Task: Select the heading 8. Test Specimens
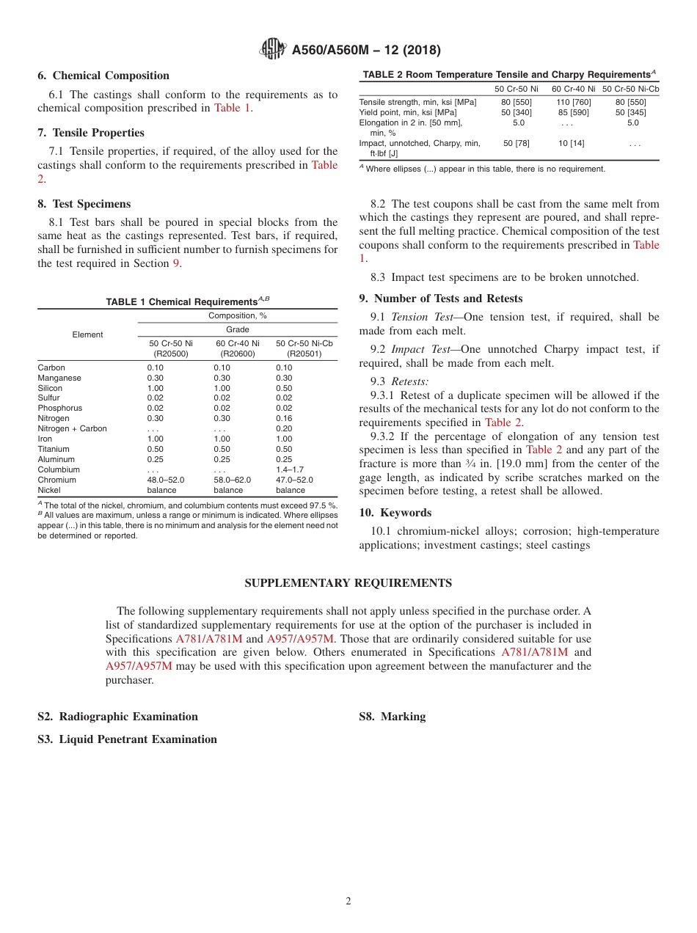pyautogui.click(x=84, y=204)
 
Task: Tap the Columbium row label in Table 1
pyautogui.click(x=59, y=469)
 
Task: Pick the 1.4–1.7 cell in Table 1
pyautogui.click(x=290, y=469)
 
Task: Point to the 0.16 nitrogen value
pyautogui.click(x=284, y=418)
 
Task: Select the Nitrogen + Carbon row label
pyautogui.click(x=72, y=428)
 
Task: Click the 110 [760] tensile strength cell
pyautogui.click(x=573, y=102)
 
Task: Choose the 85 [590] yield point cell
pyautogui.click(x=573, y=112)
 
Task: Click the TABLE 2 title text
pyautogui.click(x=508, y=74)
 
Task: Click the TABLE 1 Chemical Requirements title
pyautogui.click(x=188, y=301)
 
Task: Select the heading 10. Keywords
pyautogui.click(x=395, y=513)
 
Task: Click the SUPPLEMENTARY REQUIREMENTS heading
pyautogui.click(x=348, y=583)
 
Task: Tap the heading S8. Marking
pyautogui.click(x=392, y=717)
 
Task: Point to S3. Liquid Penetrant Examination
pyautogui.click(x=127, y=739)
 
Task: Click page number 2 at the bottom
pyautogui.click(x=348, y=901)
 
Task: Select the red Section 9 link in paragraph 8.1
pyautogui.click(x=176, y=263)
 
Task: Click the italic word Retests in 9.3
pyautogui.click(x=409, y=381)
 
